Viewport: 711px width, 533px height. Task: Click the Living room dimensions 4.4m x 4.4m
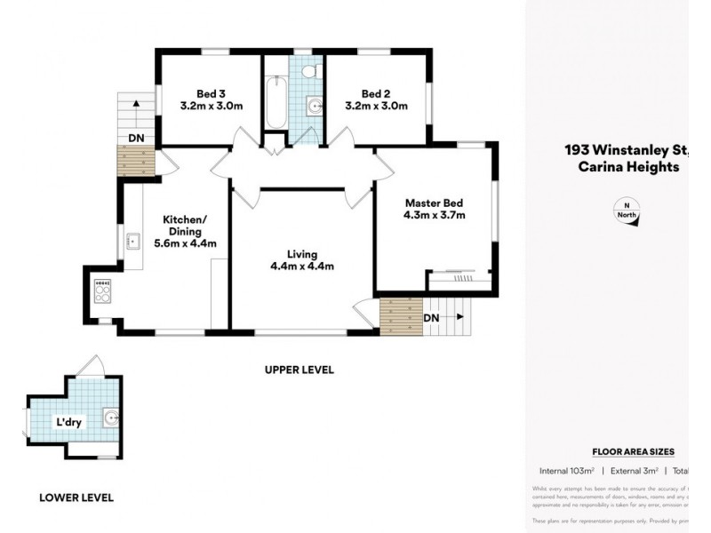tap(302, 266)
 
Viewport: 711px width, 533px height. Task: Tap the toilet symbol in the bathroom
tap(309, 72)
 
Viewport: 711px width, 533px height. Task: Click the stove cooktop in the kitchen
tap(102, 290)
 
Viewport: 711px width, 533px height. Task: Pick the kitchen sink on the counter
tap(134, 241)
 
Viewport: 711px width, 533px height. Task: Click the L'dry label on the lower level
tap(68, 422)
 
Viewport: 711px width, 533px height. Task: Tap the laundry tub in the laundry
tap(110, 417)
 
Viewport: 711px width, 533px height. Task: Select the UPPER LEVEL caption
tap(299, 370)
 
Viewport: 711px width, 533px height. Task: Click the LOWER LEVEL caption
tap(76, 497)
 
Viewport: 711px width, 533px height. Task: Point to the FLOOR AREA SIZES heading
tap(633, 451)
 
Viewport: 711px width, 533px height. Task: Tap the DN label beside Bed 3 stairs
tap(136, 138)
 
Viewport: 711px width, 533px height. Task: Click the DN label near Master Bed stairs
tap(432, 318)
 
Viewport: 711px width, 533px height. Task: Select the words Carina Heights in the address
tap(629, 166)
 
